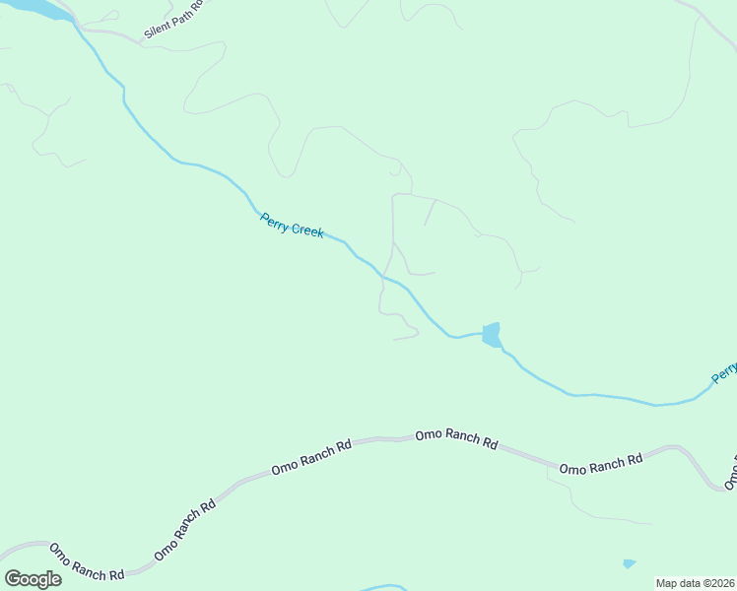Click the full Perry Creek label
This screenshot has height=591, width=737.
click(x=292, y=226)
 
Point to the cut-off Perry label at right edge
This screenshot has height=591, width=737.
click(x=724, y=372)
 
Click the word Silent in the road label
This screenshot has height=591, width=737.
click(x=158, y=28)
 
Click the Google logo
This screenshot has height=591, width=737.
click(x=33, y=578)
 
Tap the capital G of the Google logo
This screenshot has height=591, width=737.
click(x=13, y=578)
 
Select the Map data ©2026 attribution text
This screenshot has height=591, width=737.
click(x=695, y=583)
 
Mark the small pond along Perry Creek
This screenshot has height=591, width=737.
click(x=491, y=334)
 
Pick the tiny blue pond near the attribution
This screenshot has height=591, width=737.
click(x=629, y=564)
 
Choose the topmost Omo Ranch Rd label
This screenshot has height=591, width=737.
click(x=456, y=439)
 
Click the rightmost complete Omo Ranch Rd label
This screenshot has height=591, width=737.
click(x=601, y=463)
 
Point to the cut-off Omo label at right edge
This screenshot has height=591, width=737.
click(x=731, y=474)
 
